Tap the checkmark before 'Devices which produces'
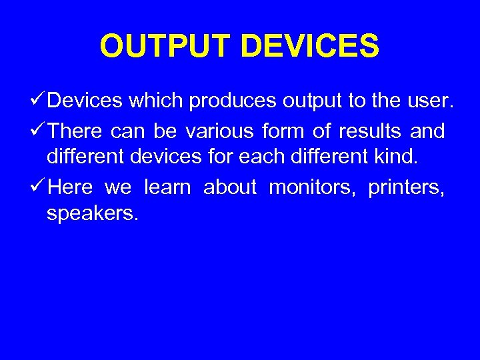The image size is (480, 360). tap(38, 101)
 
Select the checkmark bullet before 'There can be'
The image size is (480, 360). tap(38, 131)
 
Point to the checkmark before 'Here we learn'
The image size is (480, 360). tap(38, 188)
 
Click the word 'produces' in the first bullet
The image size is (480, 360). tap(233, 102)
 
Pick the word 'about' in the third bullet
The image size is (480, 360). tap(230, 188)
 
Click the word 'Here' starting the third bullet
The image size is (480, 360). tap(71, 188)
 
